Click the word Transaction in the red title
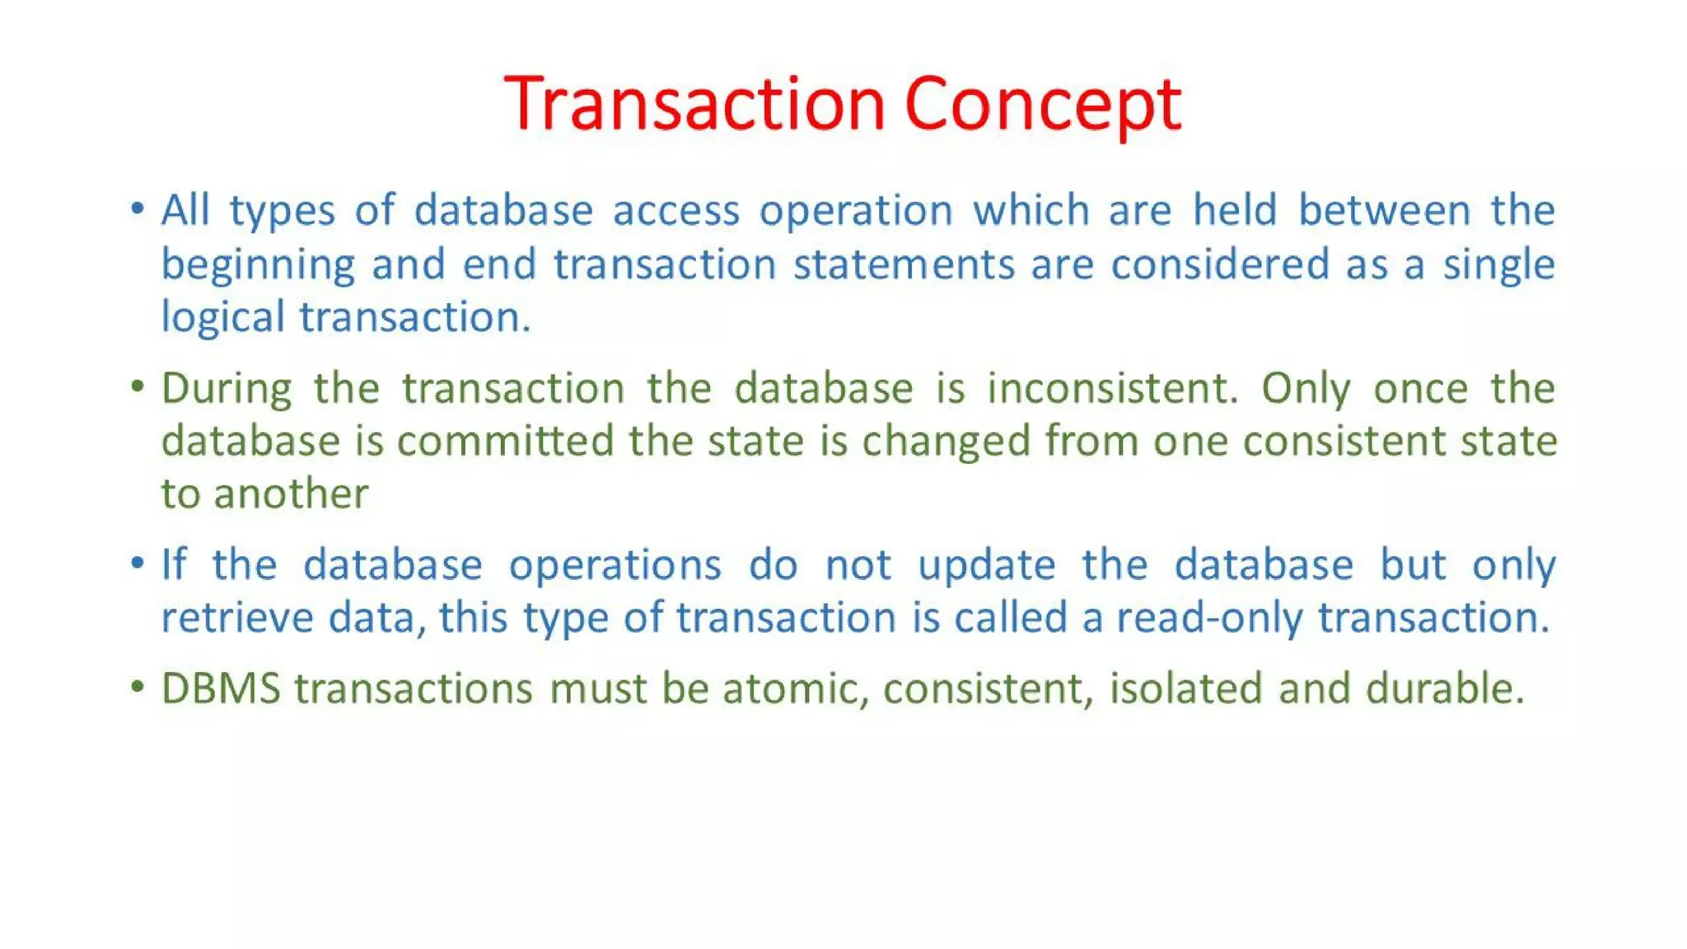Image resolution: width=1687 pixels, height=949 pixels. [x=694, y=104]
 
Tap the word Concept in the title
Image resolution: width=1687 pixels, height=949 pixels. [x=1043, y=105]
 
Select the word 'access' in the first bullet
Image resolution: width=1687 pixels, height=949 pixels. [x=676, y=211]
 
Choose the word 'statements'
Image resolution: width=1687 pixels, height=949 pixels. [x=904, y=264]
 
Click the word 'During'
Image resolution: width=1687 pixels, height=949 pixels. [x=227, y=389]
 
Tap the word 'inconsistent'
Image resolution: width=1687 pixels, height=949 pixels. [x=1112, y=388]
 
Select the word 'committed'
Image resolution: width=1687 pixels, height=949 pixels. [x=505, y=442]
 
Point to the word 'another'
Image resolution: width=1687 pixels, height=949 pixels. [x=291, y=494]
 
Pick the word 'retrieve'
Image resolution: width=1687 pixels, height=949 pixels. [x=237, y=618]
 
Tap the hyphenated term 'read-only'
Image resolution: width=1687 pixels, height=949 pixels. [x=1209, y=619]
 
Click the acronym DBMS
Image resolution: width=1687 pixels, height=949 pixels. [x=221, y=689]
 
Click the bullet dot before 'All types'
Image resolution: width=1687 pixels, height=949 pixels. [x=138, y=208]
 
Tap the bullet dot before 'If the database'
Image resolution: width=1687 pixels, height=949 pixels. [x=138, y=563]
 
